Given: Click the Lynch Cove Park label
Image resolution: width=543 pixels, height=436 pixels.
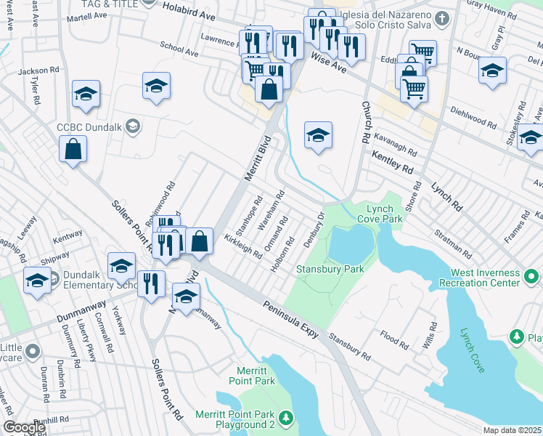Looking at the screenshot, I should pos(381,212).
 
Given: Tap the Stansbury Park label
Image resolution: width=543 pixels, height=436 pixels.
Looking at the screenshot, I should pos(329,269).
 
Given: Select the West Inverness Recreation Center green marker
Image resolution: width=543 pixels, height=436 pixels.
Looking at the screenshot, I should pos(531,277).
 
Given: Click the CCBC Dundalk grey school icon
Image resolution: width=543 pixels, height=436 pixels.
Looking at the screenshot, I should pos(132,127).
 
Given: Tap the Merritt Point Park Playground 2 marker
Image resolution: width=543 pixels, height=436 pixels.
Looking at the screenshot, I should pos(287,418).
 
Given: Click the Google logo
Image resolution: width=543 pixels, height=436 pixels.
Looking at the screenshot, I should pos(25,427).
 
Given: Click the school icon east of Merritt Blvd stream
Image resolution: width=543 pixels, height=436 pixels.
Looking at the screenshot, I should pos(317,135).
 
